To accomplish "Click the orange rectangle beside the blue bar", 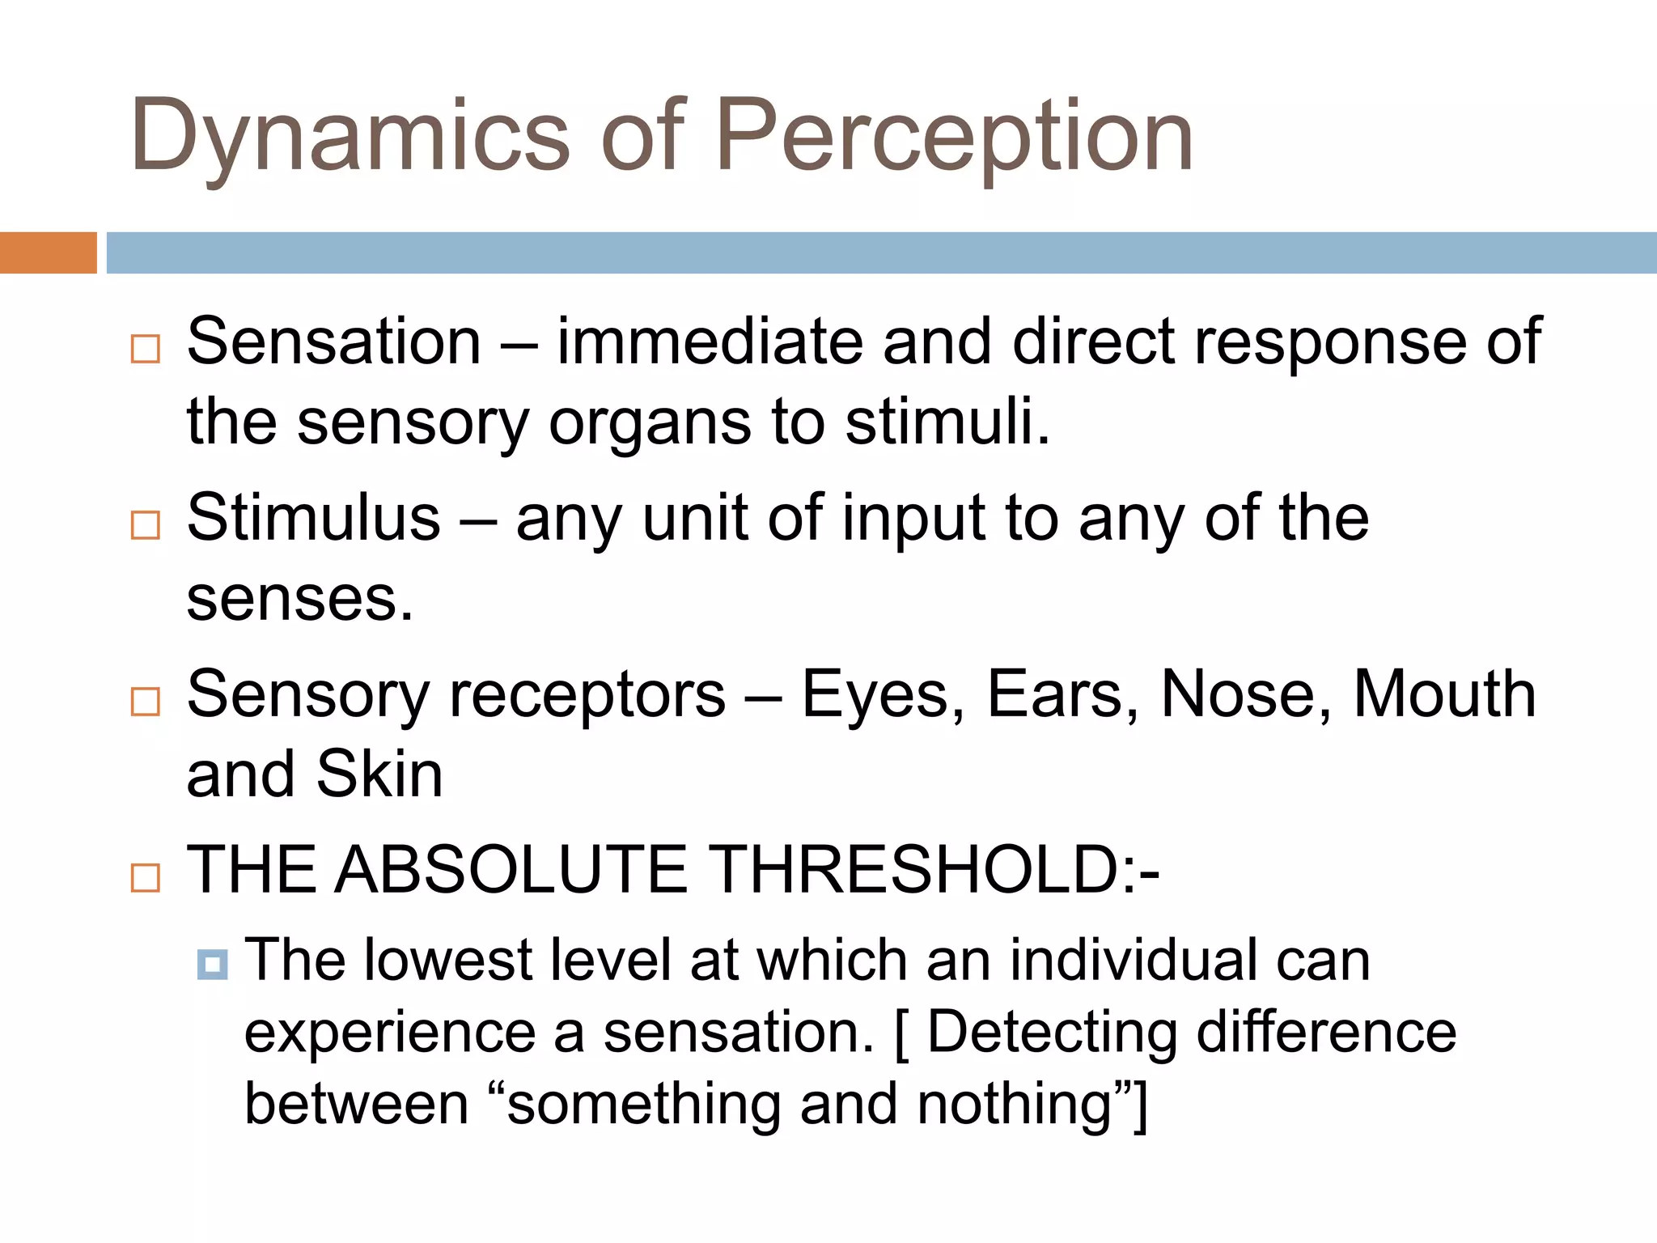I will pos(48,252).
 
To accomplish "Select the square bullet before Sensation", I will pos(146,349).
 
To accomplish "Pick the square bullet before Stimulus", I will pos(146,525).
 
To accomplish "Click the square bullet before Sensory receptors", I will pos(146,701).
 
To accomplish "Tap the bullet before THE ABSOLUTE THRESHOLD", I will pos(146,877).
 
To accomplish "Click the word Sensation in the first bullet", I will pos(334,342).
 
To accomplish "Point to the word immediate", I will pos(710,342).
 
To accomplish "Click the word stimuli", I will pos(947,422).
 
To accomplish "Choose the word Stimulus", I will pos(314,518).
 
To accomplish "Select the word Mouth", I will pos(1444,694).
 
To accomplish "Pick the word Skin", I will pos(379,774).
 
